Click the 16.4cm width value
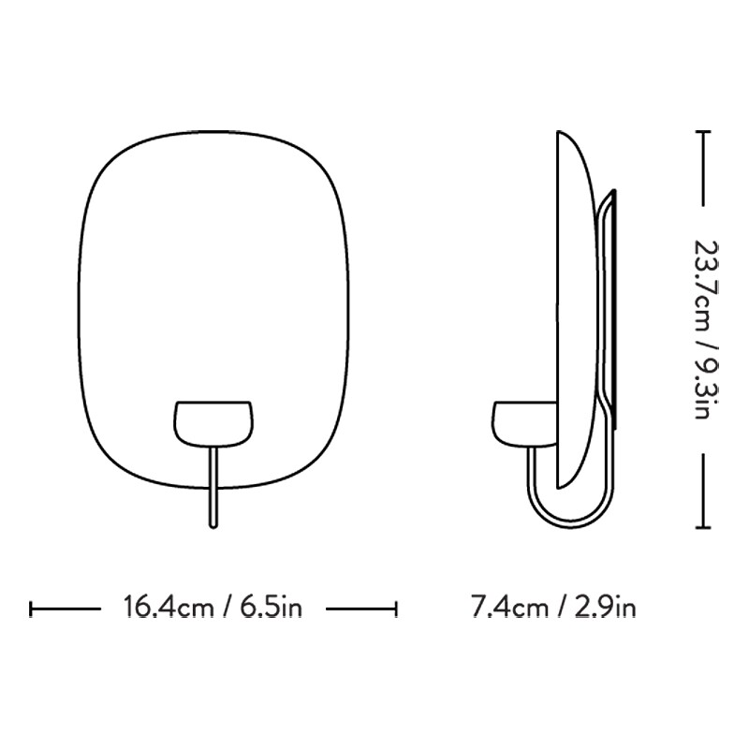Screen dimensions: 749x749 click(x=169, y=609)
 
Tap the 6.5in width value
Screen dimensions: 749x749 click(x=272, y=609)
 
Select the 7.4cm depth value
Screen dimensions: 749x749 click(x=509, y=609)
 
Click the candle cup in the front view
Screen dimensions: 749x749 click(x=214, y=422)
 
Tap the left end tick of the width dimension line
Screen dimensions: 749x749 click(x=33, y=609)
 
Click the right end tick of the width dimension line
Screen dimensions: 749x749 click(x=397, y=609)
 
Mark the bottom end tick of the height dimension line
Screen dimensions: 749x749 click(x=704, y=528)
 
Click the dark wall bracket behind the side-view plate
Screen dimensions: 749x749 click(x=611, y=309)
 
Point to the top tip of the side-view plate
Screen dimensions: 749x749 click(x=560, y=134)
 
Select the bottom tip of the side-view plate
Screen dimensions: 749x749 click(x=560, y=488)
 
